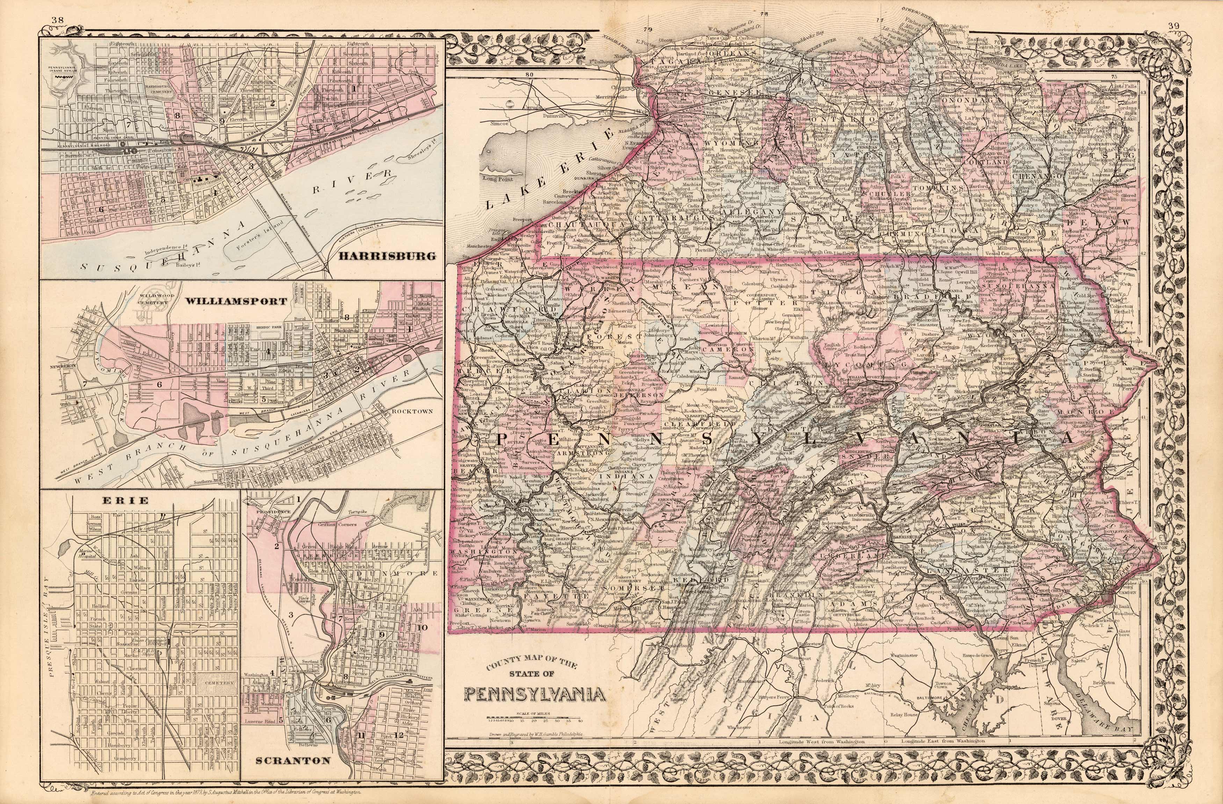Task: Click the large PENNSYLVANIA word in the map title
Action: pos(534,696)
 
